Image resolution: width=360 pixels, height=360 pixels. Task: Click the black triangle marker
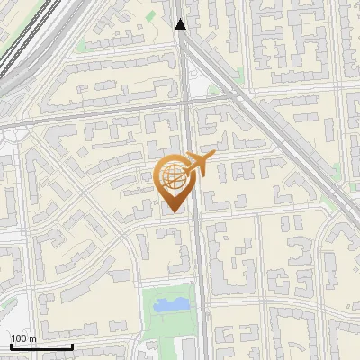(x=181, y=24)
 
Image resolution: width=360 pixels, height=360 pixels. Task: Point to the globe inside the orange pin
(x=172, y=177)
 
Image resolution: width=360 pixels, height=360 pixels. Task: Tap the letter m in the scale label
(x=32, y=338)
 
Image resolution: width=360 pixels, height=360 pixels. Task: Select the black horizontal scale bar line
(x=41, y=346)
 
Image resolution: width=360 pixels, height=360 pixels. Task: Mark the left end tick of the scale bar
(x=11, y=345)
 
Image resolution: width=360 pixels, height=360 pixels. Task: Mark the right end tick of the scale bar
(x=72, y=345)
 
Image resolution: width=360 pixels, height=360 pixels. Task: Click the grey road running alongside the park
(x=200, y=306)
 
